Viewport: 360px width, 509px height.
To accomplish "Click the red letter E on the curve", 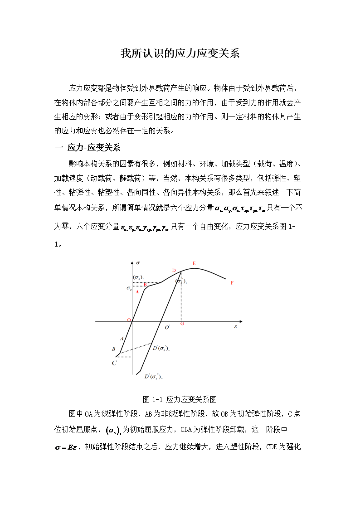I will tap(194, 263).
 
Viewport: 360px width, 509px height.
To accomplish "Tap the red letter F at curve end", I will tap(232, 283).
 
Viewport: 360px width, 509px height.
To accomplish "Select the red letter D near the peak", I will tap(174, 271).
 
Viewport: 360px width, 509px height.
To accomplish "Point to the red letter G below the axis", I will tap(182, 324).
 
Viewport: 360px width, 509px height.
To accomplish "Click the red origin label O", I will tap(129, 320).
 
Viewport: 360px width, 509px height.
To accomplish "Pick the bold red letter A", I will tap(137, 292).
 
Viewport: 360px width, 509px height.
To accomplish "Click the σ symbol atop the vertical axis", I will tap(138, 262).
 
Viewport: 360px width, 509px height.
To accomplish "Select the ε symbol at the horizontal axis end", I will tap(235, 326).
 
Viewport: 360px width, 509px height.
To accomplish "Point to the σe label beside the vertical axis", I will tap(129, 288).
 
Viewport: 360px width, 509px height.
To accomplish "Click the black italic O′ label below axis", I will tap(167, 327).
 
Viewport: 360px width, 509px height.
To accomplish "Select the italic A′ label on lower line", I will tap(122, 338).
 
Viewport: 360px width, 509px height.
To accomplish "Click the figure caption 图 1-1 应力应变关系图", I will tap(180, 399).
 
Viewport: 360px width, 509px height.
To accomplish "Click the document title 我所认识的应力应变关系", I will tap(180, 53).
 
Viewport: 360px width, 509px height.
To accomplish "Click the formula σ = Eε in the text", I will tap(67, 447).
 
